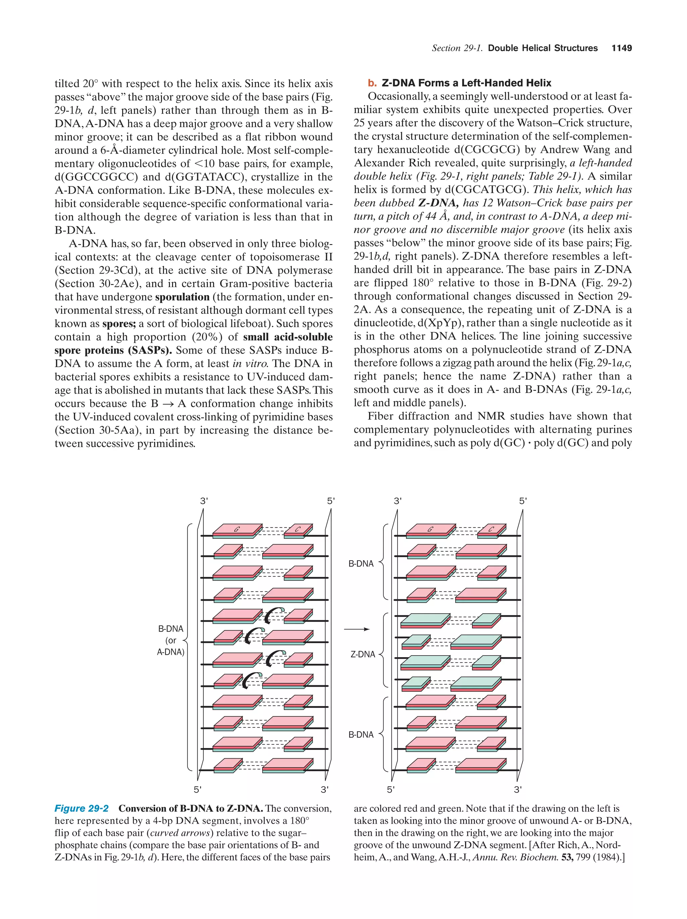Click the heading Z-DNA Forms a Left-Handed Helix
(x=466, y=83)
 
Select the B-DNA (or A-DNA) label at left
(x=170, y=640)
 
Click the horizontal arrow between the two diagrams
(x=356, y=629)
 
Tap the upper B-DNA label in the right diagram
(x=361, y=564)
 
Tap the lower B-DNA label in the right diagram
(x=361, y=735)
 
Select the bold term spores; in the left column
(x=119, y=324)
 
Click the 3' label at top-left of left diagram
(x=204, y=501)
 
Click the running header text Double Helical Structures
(x=542, y=48)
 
